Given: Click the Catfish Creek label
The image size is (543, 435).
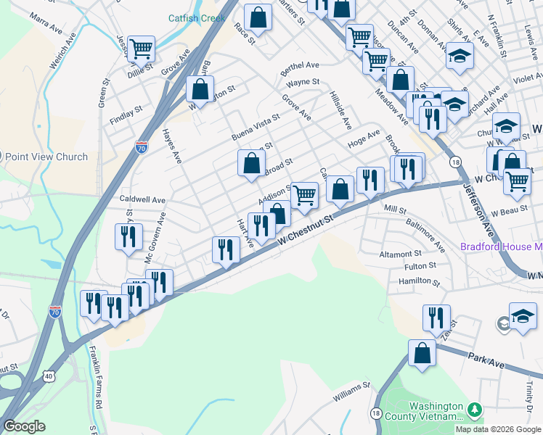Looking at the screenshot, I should (197, 18).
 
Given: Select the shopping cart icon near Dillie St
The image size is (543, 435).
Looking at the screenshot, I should (142, 49).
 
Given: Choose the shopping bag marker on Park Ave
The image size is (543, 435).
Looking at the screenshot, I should (422, 354).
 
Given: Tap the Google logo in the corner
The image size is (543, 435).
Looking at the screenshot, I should (24, 426).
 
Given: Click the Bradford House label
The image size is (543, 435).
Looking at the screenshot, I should (501, 246).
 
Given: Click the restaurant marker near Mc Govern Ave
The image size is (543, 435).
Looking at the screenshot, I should (127, 237).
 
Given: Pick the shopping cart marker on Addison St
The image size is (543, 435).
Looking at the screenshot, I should (304, 194).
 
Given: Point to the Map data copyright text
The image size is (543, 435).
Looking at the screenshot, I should (497, 429).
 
